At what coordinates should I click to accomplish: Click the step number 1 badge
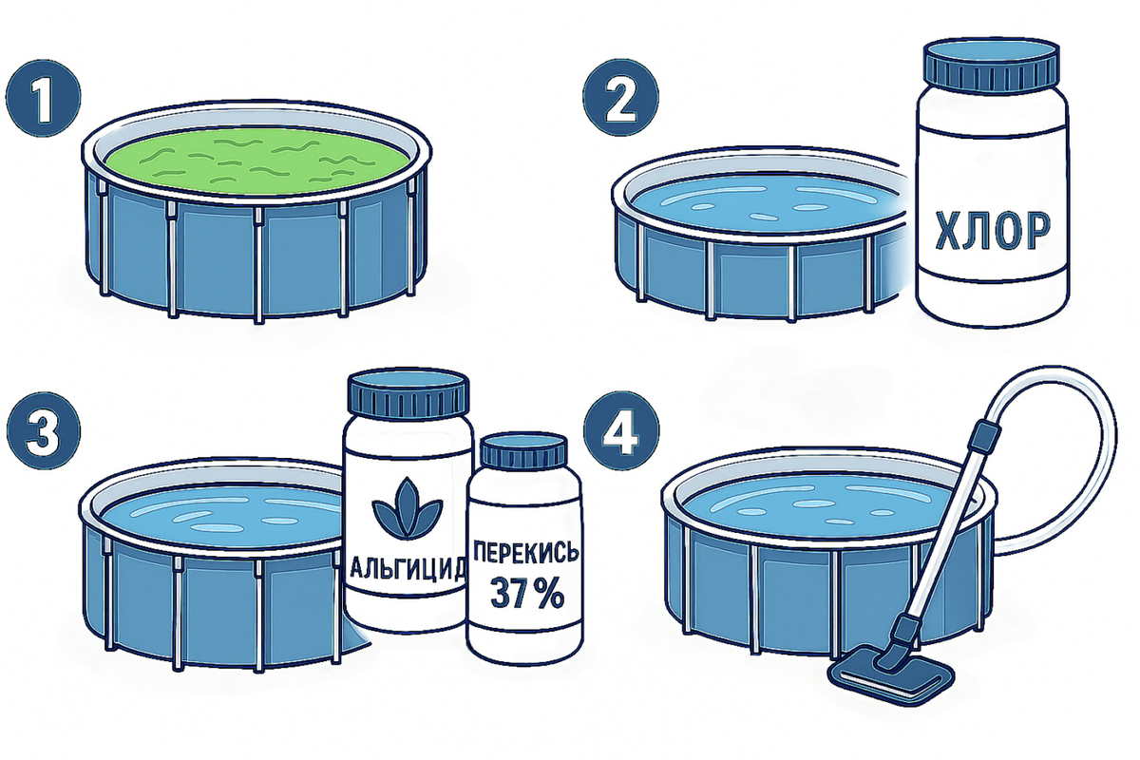point(44,98)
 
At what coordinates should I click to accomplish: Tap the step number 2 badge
point(620,98)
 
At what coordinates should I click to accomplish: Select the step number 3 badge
point(44,431)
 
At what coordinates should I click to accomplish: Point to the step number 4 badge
point(621,431)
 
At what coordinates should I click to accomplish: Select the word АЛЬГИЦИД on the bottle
point(408,568)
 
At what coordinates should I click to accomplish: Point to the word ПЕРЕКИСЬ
point(525,552)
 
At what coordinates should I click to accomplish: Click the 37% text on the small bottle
point(526,593)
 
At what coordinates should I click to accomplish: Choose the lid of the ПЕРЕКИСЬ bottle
point(524,454)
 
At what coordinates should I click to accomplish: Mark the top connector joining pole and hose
point(986,438)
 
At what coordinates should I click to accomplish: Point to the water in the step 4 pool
point(825,508)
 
